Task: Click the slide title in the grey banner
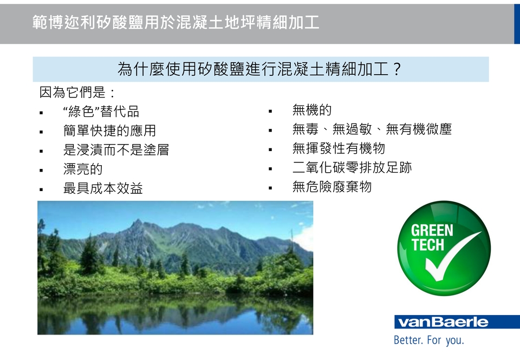pos(175,22)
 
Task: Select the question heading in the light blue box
pos(260,69)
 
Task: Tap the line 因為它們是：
pos(77,92)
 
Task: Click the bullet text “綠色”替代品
pos(101,112)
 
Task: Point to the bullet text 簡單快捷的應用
pos(109,130)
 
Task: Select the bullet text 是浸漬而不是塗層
pos(116,150)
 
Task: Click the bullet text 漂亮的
pos(83,169)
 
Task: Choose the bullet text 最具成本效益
pos(103,188)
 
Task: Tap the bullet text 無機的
pos(312,110)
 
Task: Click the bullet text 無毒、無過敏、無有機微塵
pos(372,129)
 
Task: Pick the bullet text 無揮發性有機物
pos(339,148)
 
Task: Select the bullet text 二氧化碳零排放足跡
pos(352,167)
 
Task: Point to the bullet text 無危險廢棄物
pos(332,187)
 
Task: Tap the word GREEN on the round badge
pos(432,231)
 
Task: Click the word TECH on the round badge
pos(428,245)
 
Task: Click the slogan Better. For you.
pos(429,340)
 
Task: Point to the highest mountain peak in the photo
pos(137,220)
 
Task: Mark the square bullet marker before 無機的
pos(270,112)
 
